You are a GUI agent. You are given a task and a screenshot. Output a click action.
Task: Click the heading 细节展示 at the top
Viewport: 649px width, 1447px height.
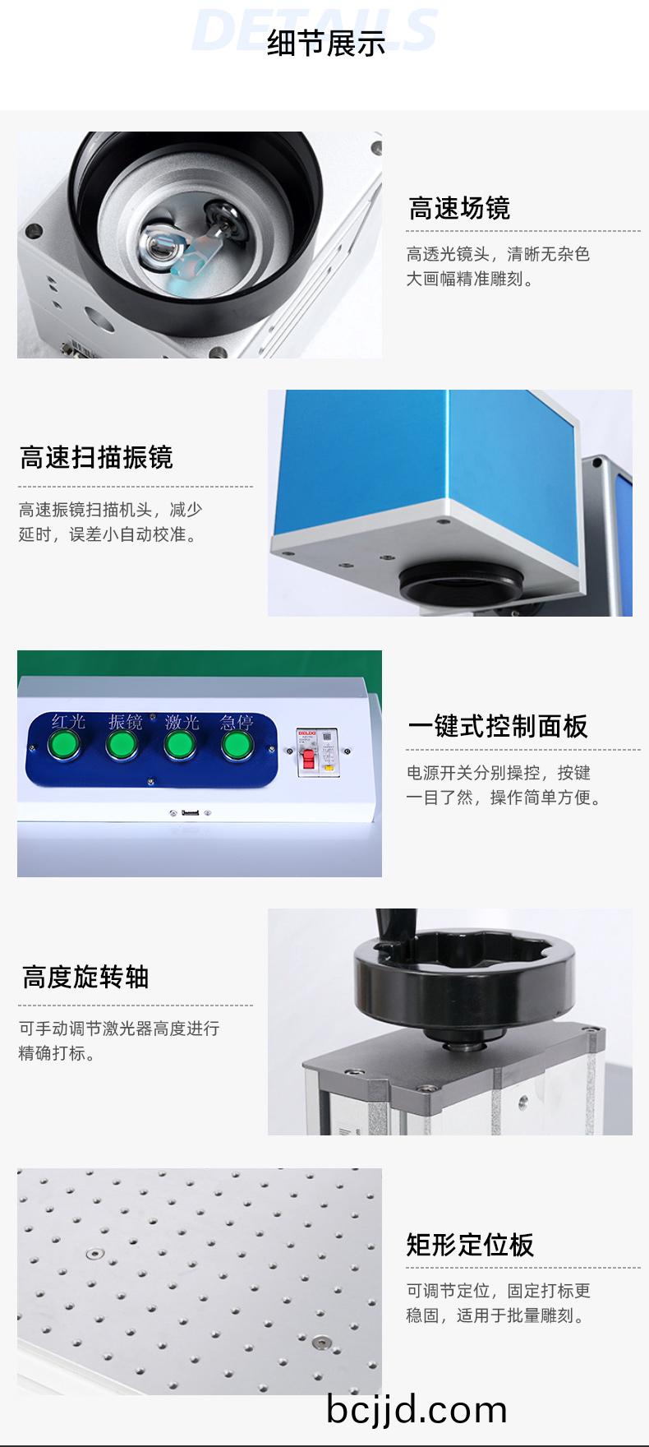tap(326, 44)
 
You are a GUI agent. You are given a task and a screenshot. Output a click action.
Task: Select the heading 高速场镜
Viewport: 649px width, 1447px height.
tap(459, 209)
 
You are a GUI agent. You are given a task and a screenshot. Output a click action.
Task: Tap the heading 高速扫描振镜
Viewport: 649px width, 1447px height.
tap(96, 457)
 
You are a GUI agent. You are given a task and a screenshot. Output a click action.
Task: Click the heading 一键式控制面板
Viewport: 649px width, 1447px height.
tap(498, 727)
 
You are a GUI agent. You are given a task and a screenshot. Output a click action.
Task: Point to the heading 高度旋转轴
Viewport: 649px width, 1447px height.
tap(85, 977)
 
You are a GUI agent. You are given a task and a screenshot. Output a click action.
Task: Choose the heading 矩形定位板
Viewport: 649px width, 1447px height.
tap(470, 1245)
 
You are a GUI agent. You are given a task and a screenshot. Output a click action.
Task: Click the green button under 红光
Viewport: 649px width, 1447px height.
tap(63, 746)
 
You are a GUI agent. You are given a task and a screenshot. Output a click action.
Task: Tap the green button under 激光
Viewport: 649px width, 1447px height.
tap(180, 746)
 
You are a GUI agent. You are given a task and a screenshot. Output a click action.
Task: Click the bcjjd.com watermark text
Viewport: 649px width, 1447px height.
tap(417, 1409)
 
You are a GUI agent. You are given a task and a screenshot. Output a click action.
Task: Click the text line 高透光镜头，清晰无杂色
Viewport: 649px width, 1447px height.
tap(498, 254)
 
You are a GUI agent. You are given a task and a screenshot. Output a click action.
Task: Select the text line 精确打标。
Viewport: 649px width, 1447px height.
tap(58, 1053)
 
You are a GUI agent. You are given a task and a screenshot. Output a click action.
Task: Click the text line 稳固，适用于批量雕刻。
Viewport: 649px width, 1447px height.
tap(498, 1315)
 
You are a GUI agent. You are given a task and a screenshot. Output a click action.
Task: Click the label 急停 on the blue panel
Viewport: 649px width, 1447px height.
tap(237, 722)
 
